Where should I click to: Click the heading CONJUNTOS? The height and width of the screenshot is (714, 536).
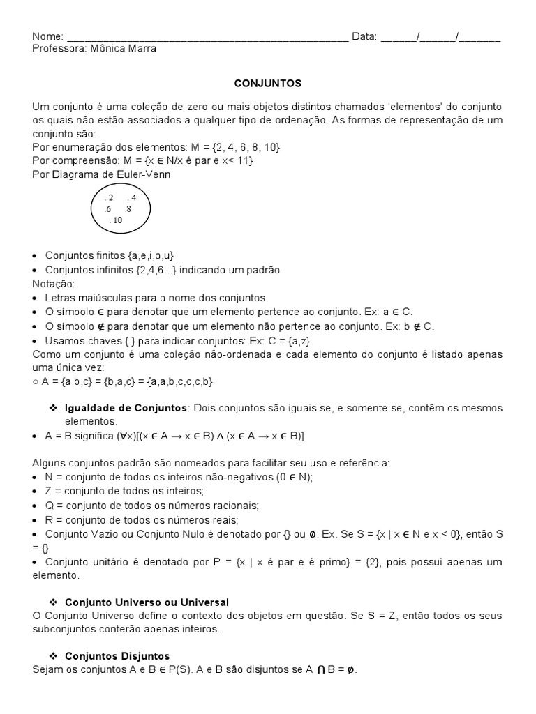click(267, 83)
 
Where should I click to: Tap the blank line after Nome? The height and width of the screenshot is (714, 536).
click(207, 37)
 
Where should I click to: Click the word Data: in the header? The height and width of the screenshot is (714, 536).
click(364, 36)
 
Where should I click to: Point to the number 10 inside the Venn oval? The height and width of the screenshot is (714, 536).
click(116, 220)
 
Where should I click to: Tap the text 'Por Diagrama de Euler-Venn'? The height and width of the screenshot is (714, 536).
click(101, 174)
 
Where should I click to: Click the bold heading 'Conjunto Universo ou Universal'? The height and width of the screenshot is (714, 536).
click(147, 602)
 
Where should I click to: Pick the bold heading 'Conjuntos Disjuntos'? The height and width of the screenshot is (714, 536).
click(117, 656)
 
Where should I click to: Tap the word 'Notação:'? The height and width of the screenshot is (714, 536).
click(52, 283)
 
